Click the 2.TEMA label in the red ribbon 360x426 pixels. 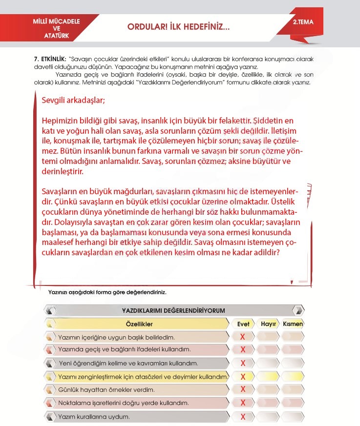[303, 22]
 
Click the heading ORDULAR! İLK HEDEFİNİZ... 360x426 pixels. [178, 28]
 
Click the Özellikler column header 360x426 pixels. [139, 324]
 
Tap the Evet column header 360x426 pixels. [243, 324]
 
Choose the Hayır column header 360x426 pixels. [269, 324]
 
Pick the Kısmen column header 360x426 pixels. [293, 324]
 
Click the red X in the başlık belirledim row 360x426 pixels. [243, 337]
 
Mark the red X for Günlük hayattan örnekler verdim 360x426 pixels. [243, 389]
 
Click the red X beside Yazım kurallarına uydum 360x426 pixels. [243, 416]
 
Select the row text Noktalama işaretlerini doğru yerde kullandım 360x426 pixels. [123, 403]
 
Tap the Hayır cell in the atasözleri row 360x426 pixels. [269, 377]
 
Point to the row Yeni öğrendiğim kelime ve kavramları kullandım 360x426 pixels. [128, 364]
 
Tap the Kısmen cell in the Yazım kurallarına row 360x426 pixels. [293, 416]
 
